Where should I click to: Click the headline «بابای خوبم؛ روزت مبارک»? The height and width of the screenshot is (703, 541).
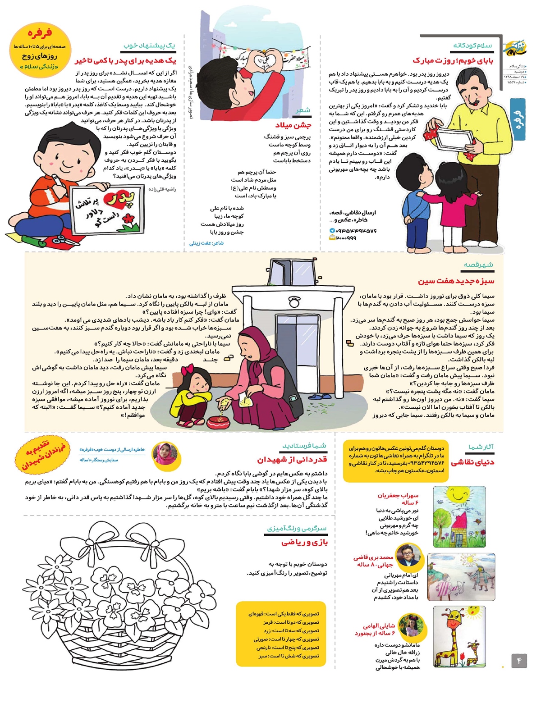click(x=453, y=60)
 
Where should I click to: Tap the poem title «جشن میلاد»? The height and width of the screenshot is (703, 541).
click(x=293, y=125)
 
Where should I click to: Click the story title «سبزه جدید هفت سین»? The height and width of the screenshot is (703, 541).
click(x=456, y=281)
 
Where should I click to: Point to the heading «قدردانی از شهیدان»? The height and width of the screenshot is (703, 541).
click(x=292, y=459)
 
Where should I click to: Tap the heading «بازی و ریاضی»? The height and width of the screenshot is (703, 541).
click(x=304, y=542)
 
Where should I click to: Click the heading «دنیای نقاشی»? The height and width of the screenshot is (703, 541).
click(x=472, y=462)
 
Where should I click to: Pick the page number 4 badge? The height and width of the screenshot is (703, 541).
click(x=519, y=661)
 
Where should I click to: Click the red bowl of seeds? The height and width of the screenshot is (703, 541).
click(x=220, y=421)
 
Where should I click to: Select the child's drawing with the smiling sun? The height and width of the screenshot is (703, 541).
click(x=459, y=516)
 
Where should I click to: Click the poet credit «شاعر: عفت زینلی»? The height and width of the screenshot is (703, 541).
click(x=206, y=243)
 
